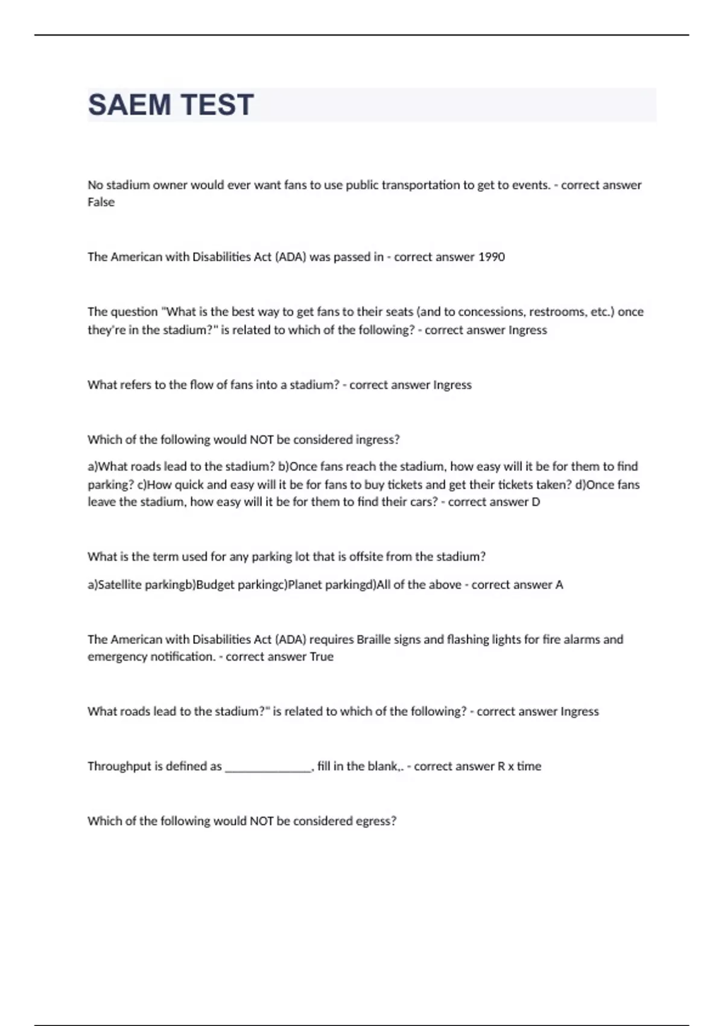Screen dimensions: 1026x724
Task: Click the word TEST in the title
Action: [x=217, y=105]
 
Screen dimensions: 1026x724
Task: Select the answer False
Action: [x=101, y=202]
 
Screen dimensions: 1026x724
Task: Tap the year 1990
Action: [x=491, y=257]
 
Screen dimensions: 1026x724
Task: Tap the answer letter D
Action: [x=536, y=502]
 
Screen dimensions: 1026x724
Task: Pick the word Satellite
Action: [x=120, y=585]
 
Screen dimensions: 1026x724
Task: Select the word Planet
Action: [x=305, y=585]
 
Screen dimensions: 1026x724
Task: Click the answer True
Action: [x=322, y=657]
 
